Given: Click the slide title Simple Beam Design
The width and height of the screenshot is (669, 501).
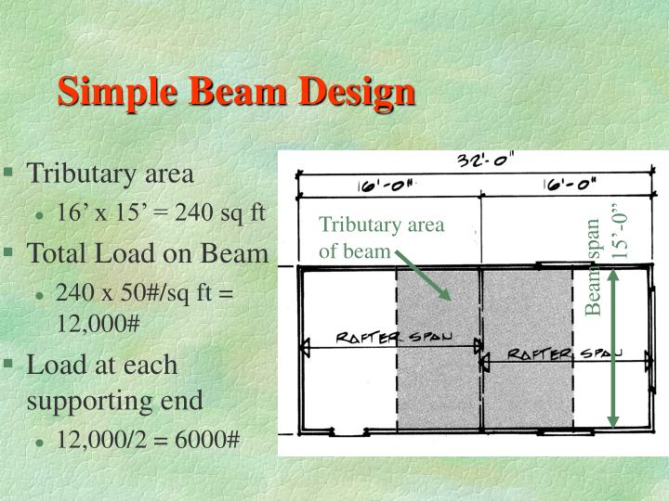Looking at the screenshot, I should (236, 93).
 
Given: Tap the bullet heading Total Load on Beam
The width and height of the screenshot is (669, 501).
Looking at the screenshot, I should (148, 252).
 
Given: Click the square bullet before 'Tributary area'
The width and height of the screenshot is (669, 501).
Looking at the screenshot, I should (9, 172).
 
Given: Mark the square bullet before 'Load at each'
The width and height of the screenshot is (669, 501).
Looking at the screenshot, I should (9, 362).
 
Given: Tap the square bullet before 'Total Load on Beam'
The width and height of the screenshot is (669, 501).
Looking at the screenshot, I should (9, 250).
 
